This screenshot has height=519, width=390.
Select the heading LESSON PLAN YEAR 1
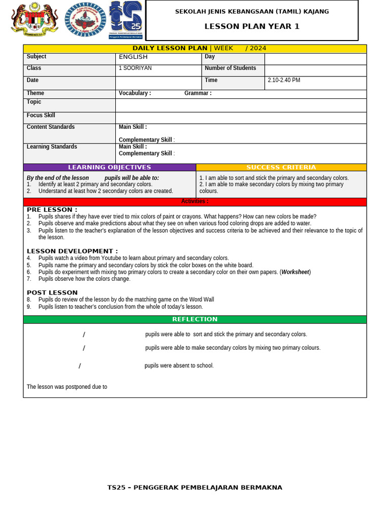252,26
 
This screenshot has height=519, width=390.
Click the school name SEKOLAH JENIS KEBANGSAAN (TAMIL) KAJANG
252,11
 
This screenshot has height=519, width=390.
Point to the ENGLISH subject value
133,57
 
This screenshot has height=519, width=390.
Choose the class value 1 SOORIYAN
135,68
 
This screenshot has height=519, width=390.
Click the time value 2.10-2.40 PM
283,80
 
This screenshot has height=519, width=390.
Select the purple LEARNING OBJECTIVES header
110,167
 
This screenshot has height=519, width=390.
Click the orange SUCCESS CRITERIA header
281,167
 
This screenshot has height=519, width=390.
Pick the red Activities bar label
194,202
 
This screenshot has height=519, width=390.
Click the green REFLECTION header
194,319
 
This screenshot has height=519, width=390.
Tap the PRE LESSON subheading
52,210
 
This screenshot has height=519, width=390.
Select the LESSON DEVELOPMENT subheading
72,251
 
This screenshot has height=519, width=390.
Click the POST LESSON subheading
52,292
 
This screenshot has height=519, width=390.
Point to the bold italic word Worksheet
295,272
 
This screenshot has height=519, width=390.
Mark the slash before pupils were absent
80,366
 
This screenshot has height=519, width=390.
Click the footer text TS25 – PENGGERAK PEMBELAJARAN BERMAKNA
194,488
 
